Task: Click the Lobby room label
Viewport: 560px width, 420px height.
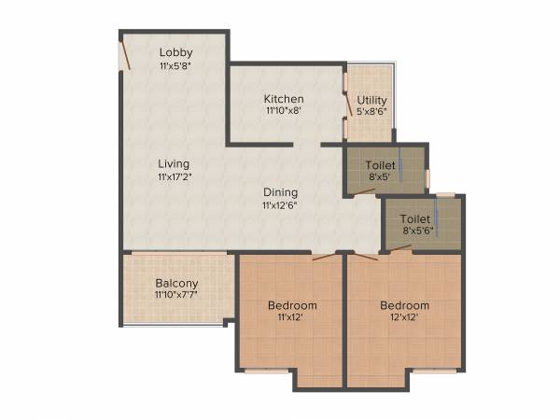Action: click(x=175, y=52)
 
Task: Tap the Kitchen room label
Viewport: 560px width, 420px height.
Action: click(x=284, y=99)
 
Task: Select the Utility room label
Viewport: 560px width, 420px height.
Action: click(x=371, y=100)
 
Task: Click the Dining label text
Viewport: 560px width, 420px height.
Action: click(x=280, y=192)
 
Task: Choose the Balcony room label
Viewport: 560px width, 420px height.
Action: click(x=176, y=283)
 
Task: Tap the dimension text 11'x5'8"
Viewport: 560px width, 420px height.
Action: click(x=175, y=65)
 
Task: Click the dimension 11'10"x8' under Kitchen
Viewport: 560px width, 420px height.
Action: click(x=284, y=111)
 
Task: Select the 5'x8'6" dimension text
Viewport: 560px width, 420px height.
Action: click(x=371, y=112)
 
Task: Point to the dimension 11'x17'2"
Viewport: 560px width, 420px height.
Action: click(x=175, y=175)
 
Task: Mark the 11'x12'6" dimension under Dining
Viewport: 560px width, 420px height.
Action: click(x=280, y=204)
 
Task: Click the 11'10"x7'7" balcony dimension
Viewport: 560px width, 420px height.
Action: click(x=176, y=294)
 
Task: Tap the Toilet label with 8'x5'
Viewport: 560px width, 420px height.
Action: click(x=381, y=164)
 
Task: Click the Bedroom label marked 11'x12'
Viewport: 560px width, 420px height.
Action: click(x=292, y=305)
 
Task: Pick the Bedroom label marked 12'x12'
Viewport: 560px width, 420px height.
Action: click(x=404, y=305)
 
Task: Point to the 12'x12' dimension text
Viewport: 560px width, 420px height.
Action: click(x=404, y=317)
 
